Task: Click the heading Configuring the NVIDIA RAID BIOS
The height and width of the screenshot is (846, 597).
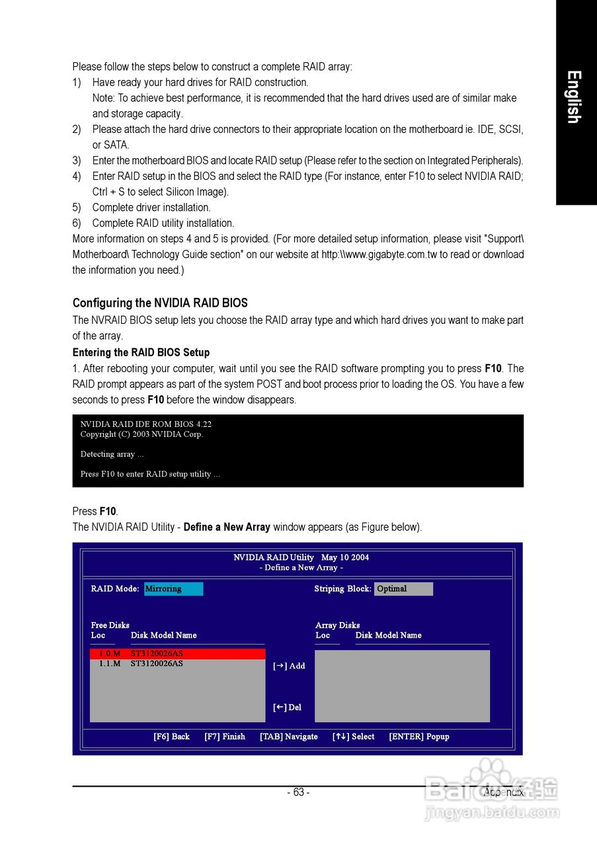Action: point(160,303)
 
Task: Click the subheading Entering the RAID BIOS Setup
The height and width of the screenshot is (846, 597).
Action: point(141,352)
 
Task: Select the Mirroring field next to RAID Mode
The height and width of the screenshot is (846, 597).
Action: point(173,589)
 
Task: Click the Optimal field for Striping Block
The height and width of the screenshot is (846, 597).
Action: point(403,589)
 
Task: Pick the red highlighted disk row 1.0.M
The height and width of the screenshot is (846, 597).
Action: point(177,654)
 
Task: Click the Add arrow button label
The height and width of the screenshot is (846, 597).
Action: point(289,666)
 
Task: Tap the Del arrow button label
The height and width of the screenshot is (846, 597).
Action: point(287,708)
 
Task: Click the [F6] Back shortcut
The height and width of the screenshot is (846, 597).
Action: point(171,737)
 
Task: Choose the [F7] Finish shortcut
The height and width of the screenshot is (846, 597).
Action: point(225,737)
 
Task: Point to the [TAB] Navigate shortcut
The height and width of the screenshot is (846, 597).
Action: point(288,737)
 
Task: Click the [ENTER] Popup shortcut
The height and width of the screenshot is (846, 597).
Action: point(419,737)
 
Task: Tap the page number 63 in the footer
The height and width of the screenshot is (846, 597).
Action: point(298,792)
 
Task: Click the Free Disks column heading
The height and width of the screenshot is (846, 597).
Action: point(110,625)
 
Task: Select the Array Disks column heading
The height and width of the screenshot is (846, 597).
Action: point(337,625)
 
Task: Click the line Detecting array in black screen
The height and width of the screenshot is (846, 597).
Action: point(112,455)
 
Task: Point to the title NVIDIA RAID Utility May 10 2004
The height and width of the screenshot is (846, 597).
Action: point(301,558)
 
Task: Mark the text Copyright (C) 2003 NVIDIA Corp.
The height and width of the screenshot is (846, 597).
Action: point(141,435)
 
